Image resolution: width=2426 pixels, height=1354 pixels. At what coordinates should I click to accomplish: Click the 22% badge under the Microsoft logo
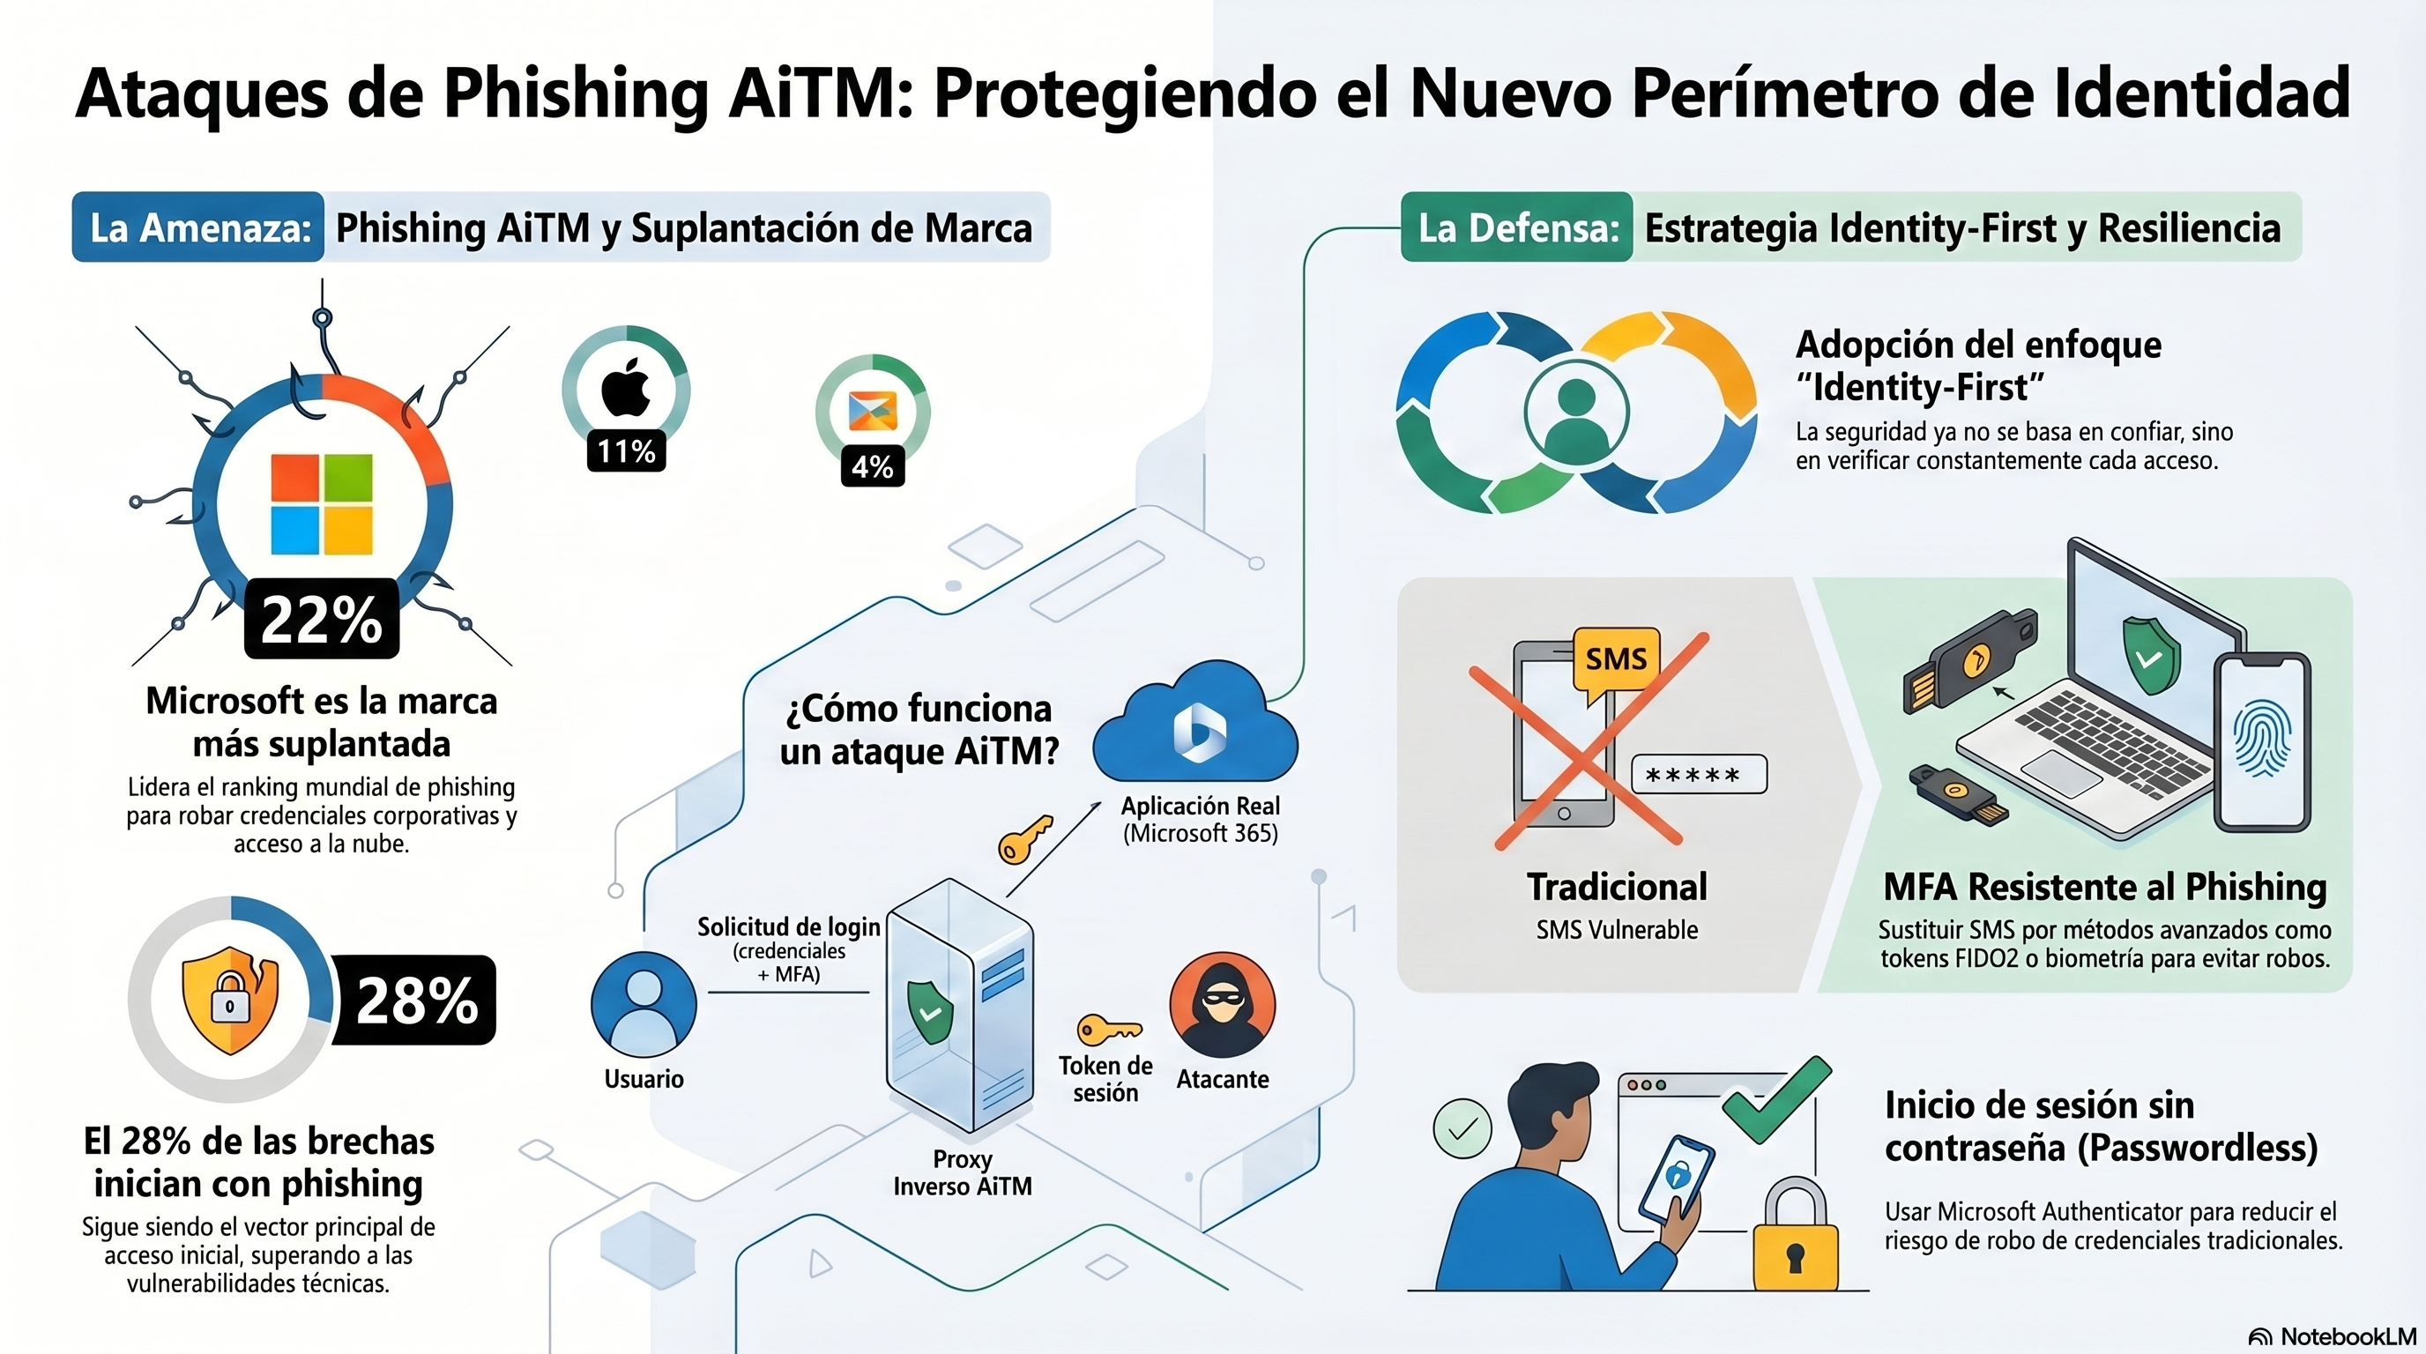321,620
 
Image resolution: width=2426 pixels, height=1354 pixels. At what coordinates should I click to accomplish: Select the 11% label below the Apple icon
626,451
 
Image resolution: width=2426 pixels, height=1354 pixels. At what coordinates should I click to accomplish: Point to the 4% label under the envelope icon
872,466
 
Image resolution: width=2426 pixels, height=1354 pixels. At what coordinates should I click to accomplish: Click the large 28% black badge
415,1000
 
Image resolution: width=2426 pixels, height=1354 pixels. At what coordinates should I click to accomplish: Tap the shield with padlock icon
230,1000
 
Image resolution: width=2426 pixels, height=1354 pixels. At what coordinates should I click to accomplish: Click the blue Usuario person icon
644,1005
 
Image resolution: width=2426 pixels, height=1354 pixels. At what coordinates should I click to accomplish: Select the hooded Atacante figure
1222,1005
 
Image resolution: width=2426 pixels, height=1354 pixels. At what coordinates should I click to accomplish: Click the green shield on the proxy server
928,1012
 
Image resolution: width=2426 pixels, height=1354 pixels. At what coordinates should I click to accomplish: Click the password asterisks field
1698,775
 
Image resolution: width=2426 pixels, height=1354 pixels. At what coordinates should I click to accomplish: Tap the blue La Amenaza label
198,227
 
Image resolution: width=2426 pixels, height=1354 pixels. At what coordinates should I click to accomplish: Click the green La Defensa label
1516,227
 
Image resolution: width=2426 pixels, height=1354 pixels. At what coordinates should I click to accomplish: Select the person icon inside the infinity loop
1575,413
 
